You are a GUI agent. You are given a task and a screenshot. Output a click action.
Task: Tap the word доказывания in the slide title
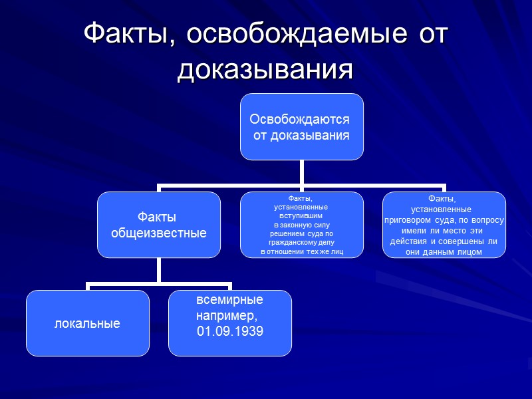[x=265, y=68]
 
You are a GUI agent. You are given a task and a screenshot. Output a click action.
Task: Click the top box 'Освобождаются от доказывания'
[x=301, y=126]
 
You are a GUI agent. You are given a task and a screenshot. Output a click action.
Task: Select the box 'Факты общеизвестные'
[x=158, y=225]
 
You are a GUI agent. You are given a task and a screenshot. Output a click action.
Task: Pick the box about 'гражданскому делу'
[x=301, y=225]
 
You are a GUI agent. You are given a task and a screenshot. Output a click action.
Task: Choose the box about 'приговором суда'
[x=444, y=225]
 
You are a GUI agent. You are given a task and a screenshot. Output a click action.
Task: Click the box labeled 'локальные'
[x=87, y=324]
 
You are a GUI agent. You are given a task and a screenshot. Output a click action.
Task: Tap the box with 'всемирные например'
[x=229, y=323]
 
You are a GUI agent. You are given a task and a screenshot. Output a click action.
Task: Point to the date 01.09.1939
[x=229, y=331]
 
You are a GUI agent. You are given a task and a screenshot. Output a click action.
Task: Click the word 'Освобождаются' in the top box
[x=299, y=120]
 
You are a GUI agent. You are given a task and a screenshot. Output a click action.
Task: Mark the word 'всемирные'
[x=229, y=299]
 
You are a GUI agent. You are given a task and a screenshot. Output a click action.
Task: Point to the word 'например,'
[x=226, y=315]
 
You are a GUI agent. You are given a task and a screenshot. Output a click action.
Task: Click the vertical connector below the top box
[x=301, y=172]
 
